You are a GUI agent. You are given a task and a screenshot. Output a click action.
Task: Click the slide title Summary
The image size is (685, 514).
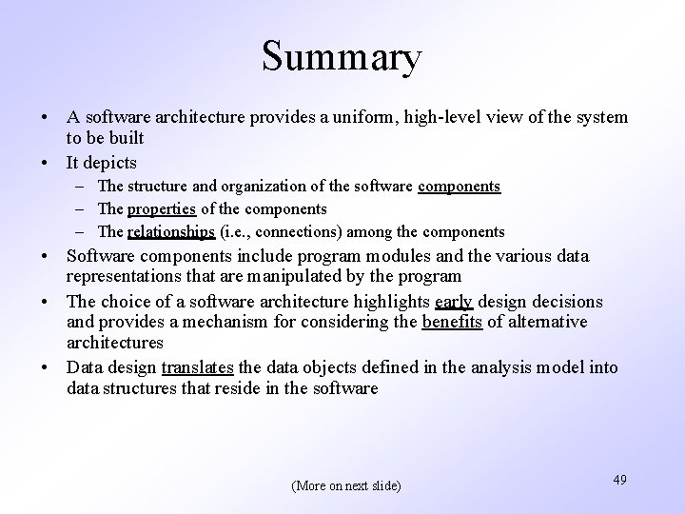click(x=342, y=58)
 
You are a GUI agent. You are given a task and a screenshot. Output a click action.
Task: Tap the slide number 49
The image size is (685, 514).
click(x=619, y=480)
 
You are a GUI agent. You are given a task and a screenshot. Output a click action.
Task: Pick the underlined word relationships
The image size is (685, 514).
click(x=171, y=231)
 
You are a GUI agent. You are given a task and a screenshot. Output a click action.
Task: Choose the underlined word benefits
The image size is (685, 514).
click(x=451, y=323)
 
